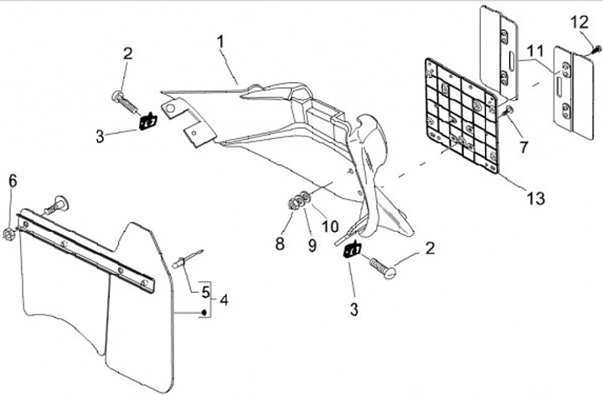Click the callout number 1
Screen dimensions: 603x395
pos(220,42)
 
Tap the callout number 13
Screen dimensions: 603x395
pos(536,198)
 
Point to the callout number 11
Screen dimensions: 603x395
pos(535,51)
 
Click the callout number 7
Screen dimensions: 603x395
pos(523,147)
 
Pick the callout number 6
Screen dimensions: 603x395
pos(13,181)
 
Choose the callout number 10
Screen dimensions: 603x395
pos(330,226)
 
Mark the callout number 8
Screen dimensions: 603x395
pos(280,244)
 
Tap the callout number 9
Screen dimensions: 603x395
pos(312,245)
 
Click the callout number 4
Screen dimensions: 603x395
pos(224,300)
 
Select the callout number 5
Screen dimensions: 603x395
pos(206,292)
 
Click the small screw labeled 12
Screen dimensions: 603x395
pos(598,49)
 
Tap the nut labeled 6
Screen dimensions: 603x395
pos(8,233)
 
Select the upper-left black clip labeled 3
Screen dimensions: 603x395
pos(147,121)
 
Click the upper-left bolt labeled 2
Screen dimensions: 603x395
pos(125,101)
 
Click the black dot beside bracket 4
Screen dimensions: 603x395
pos(204,312)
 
